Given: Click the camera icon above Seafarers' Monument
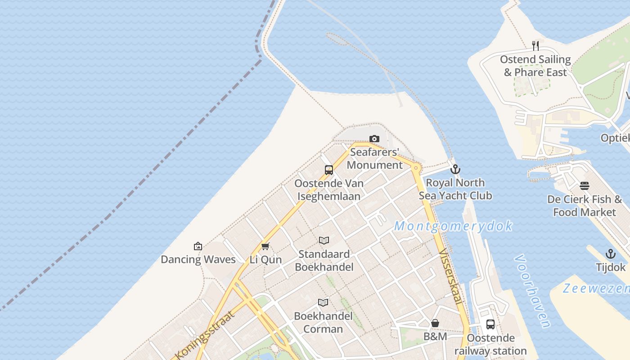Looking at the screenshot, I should [x=374, y=139].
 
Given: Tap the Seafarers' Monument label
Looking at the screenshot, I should [x=375, y=158].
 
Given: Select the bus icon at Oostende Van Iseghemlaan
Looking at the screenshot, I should [x=329, y=170].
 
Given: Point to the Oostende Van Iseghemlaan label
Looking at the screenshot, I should [x=329, y=190].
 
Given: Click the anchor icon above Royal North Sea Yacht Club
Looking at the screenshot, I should [x=455, y=169].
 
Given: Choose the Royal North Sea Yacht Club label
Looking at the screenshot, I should [x=455, y=189].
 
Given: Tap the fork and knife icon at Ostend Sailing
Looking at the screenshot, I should [x=535, y=45].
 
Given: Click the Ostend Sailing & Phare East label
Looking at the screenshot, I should [x=535, y=66].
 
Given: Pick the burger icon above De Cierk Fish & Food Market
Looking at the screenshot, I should [x=585, y=186].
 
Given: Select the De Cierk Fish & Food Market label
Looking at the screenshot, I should [x=585, y=206].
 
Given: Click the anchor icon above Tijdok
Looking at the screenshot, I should [x=611, y=254].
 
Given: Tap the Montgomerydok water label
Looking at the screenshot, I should [x=453, y=226].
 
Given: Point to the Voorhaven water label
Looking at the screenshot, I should [x=532, y=291].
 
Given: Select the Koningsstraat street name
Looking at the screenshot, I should [x=205, y=335].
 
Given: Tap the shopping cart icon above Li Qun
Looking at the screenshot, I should [x=265, y=246].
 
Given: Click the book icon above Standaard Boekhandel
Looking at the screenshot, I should [x=324, y=240].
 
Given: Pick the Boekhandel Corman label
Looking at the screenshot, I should [x=323, y=322].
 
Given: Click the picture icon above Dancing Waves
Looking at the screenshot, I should [x=198, y=246].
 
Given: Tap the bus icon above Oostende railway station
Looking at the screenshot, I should [x=490, y=324].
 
